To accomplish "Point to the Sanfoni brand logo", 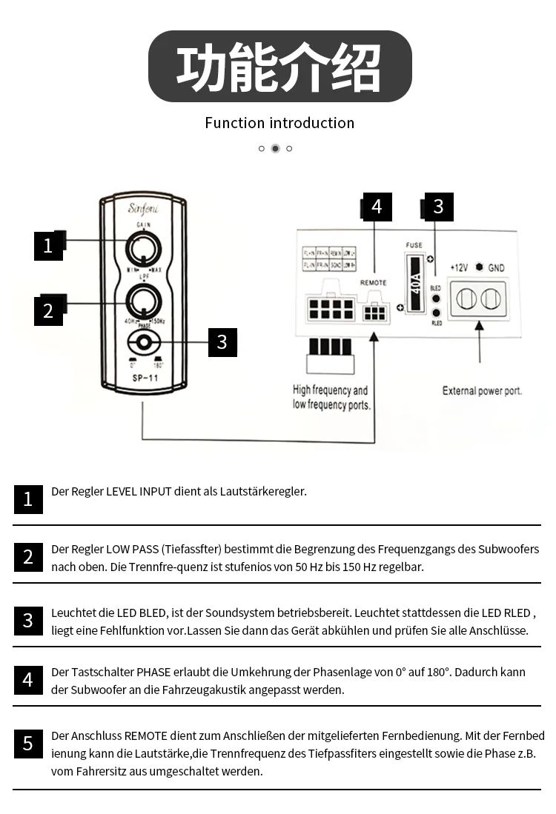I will click(x=144, y=208).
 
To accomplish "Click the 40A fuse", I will click(x=415, y=285).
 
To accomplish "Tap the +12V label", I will click(x=460, y=268).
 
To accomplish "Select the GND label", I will click(x=496, y=268).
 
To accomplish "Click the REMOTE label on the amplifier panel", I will click(x=373, y=283).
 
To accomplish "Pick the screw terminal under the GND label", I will click(x=489, y=298).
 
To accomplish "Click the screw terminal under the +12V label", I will click(x=465, y=298).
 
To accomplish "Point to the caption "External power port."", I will click(x=482, y=390).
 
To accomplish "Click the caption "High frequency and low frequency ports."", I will click(x=331, y=398).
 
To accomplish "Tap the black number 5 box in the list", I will click(x=28, y=744).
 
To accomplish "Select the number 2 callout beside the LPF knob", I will click(x=48, y=311).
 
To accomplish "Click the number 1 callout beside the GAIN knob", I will click(x=48, y=246).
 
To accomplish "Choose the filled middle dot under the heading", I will click(x=275, y=148).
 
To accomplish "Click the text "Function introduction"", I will click(x=279, y=123).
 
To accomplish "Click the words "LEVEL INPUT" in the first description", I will click(x=139, y=491).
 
